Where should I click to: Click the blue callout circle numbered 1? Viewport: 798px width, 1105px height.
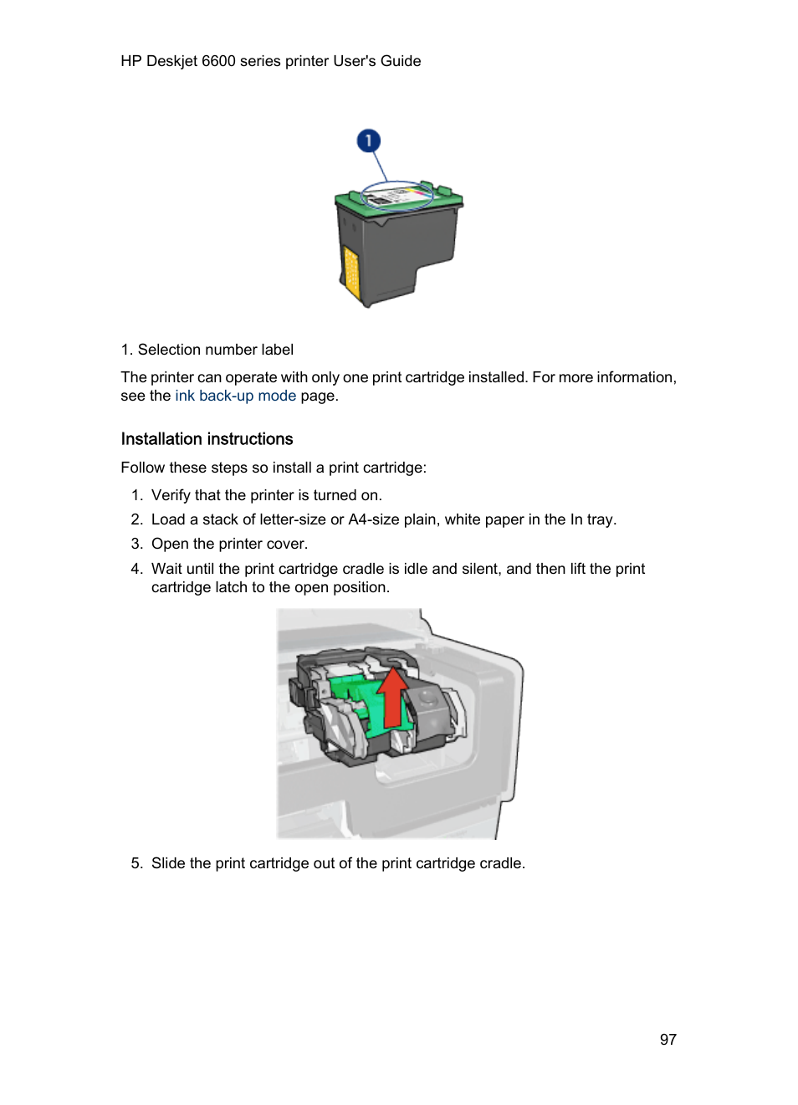pyautogui.click(x=368, y=141)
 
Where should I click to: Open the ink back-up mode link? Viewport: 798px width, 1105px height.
pyautogui.click(x=235, y=396)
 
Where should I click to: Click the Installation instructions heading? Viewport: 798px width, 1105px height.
pyautogui.click(x=207, y=439)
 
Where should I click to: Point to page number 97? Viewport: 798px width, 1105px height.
pyautogui.click(x=668, y=1040)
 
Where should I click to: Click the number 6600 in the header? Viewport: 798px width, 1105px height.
pyautogui.click(x=218, y=61)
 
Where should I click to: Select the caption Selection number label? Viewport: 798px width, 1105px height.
pyautogui.click(x=215, y=350)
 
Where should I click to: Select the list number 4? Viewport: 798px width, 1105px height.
pyautogui.click(x=136, y=569)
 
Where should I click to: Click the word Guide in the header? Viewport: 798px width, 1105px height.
pyautogui.click(x=401, y=61)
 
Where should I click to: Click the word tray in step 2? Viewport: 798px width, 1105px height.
pyautogui.click(x=600, y=519)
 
